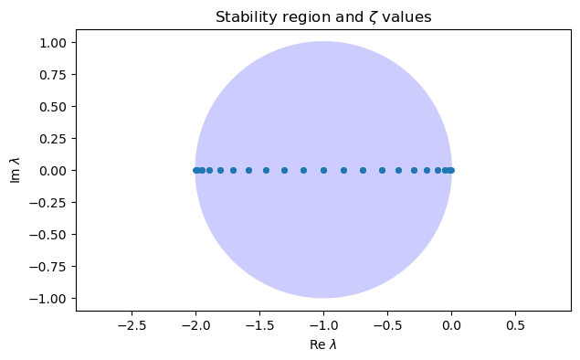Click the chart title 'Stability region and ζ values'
322,16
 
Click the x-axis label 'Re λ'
322,344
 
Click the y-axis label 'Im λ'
15,170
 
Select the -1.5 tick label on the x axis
259,325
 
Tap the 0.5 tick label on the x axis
515,325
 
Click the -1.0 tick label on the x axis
323,325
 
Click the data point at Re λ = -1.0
323,170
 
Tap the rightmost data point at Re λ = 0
451,170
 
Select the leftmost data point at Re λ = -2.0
195,170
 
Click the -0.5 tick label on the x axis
387,325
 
